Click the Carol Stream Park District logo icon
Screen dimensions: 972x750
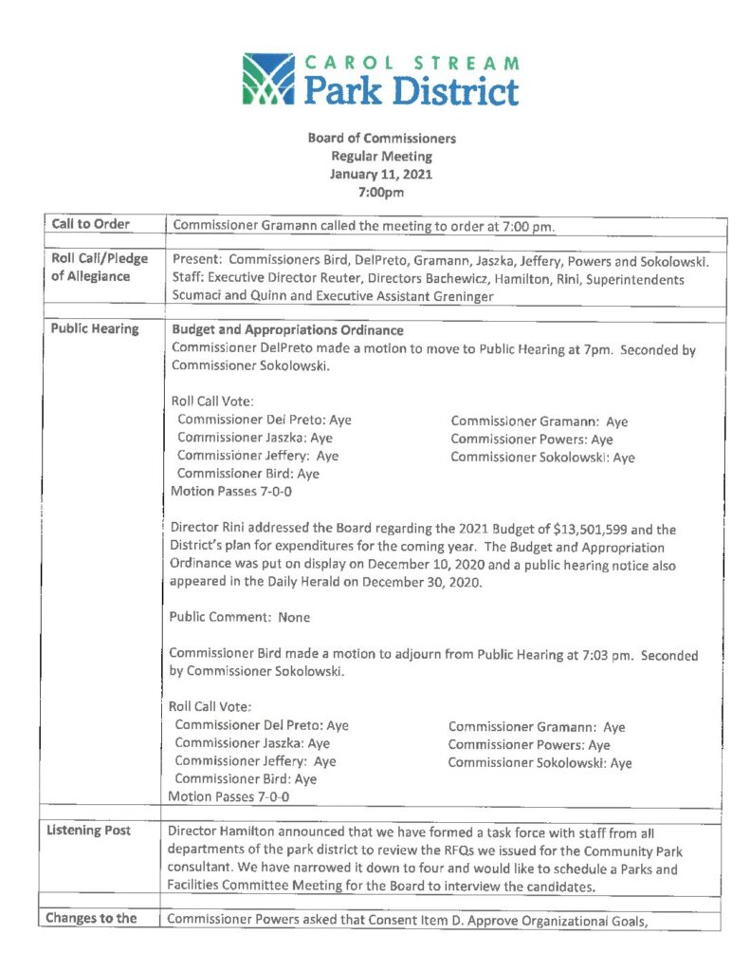point(270,79)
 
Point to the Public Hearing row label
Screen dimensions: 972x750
point(94,329)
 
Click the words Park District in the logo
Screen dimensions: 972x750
point(411,91)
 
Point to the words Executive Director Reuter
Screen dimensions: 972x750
point(278,277)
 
